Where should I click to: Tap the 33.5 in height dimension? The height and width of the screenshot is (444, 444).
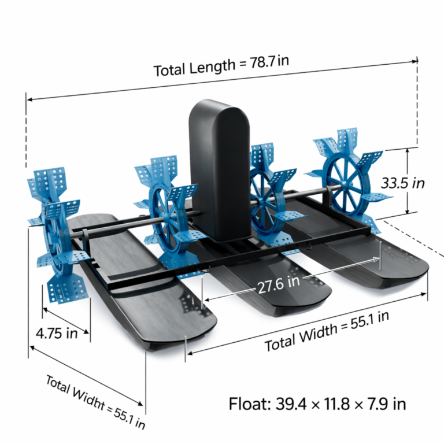[402, 183]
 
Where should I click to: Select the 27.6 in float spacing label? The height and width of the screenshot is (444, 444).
[279, 284]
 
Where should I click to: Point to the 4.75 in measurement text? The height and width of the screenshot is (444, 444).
[57, 333]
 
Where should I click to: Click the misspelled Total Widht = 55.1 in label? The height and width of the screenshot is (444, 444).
[95, 402]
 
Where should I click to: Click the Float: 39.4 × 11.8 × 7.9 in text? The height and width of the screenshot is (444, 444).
[317, 404]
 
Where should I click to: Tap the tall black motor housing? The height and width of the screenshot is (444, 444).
[220, 170]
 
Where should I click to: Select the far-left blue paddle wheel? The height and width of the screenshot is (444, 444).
[57, 235]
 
